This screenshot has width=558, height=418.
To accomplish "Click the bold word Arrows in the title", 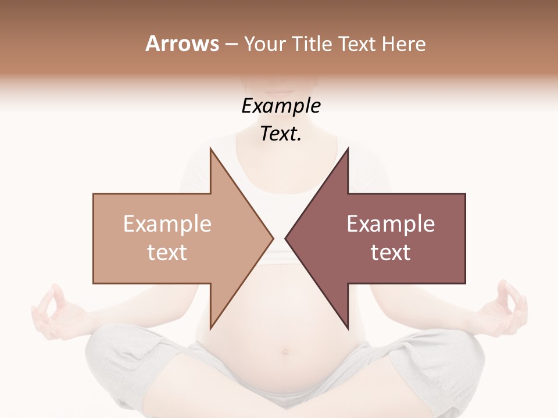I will tap(182, 44).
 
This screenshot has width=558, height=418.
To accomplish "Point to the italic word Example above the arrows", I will tap(281, 106).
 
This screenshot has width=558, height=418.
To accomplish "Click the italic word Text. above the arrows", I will tap(281, 134).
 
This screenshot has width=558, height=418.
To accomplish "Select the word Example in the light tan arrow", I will tap(167, 224).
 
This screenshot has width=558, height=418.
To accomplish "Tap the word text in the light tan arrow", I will tap(167, 253).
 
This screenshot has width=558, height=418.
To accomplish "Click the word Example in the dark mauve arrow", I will tap(391, 224).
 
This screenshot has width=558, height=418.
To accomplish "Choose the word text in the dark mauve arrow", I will tap(391, 253).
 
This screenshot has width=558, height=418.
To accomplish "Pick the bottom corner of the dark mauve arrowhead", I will tap(347, 328).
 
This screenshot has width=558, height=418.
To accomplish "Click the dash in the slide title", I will tap(231, 44).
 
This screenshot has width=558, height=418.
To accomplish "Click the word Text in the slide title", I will tap(357, 44).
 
